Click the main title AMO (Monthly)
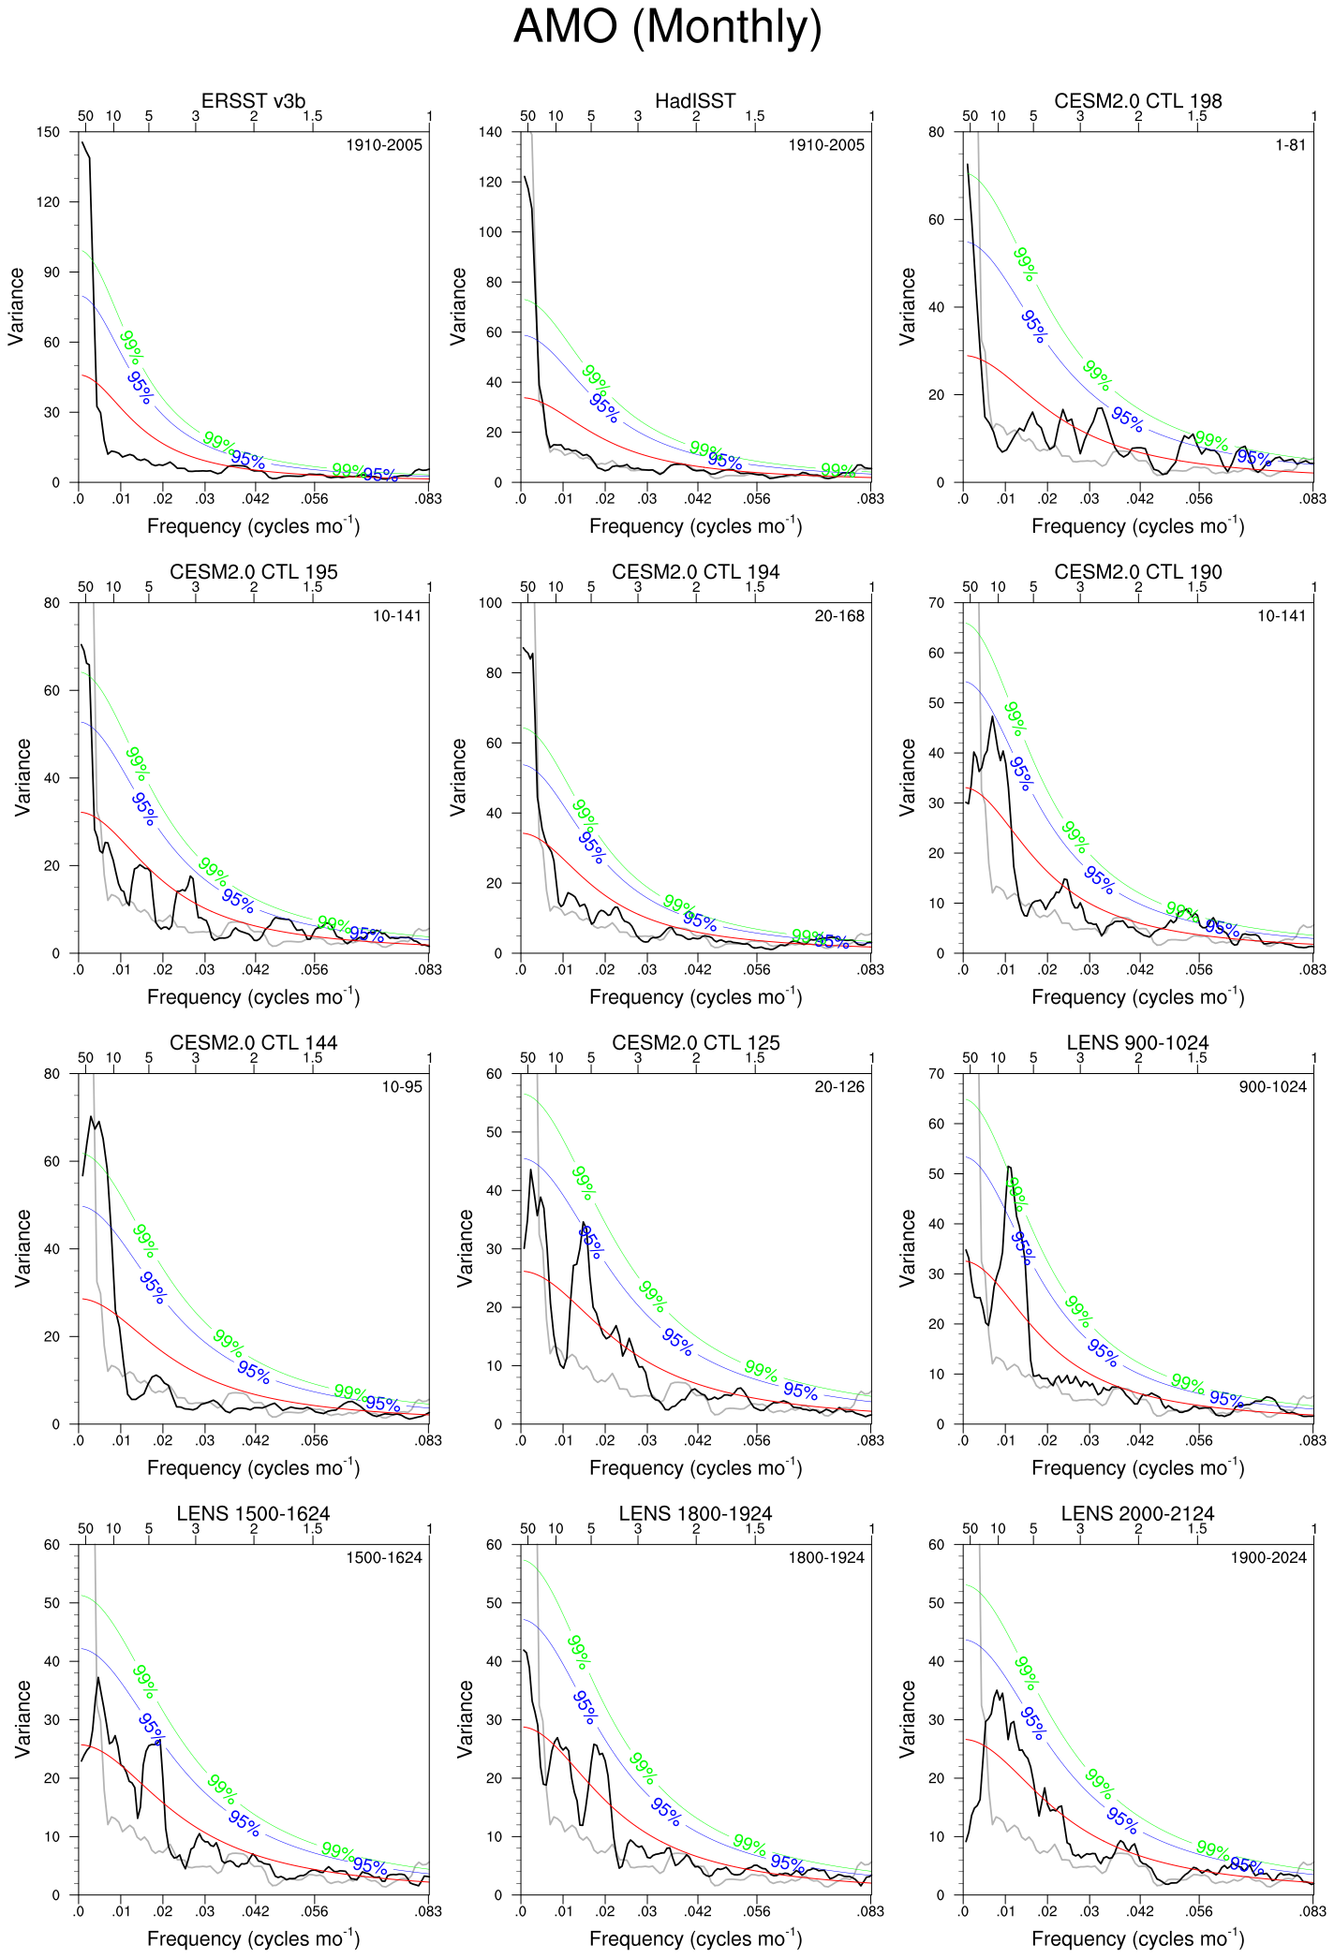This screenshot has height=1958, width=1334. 667,27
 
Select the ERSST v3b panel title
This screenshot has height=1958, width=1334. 253,101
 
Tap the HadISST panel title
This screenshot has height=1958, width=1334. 695,101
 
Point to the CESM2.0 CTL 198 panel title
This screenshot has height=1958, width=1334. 1137,101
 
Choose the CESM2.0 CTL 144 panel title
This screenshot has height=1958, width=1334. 253,1043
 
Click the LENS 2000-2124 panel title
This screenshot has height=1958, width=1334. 1137,1514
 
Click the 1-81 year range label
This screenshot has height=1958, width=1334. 1290,145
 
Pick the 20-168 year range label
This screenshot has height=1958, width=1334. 839,616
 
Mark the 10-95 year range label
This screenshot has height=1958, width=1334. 401,1087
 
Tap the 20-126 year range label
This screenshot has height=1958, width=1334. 839,1087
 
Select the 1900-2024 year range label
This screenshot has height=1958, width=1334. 1268,1558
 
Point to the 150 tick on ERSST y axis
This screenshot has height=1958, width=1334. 49,132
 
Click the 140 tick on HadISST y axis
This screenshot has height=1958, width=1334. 491,132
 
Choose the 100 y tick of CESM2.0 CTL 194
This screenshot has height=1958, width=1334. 491,603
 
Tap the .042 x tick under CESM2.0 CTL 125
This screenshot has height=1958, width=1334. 698,1441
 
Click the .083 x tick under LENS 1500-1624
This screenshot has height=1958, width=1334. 428,1912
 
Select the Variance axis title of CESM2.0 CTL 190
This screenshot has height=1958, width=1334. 908,777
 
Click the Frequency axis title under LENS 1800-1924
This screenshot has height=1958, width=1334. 695,1937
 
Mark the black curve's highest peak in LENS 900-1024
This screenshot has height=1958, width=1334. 1008,1167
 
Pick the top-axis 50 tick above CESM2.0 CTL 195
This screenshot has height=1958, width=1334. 85,587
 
